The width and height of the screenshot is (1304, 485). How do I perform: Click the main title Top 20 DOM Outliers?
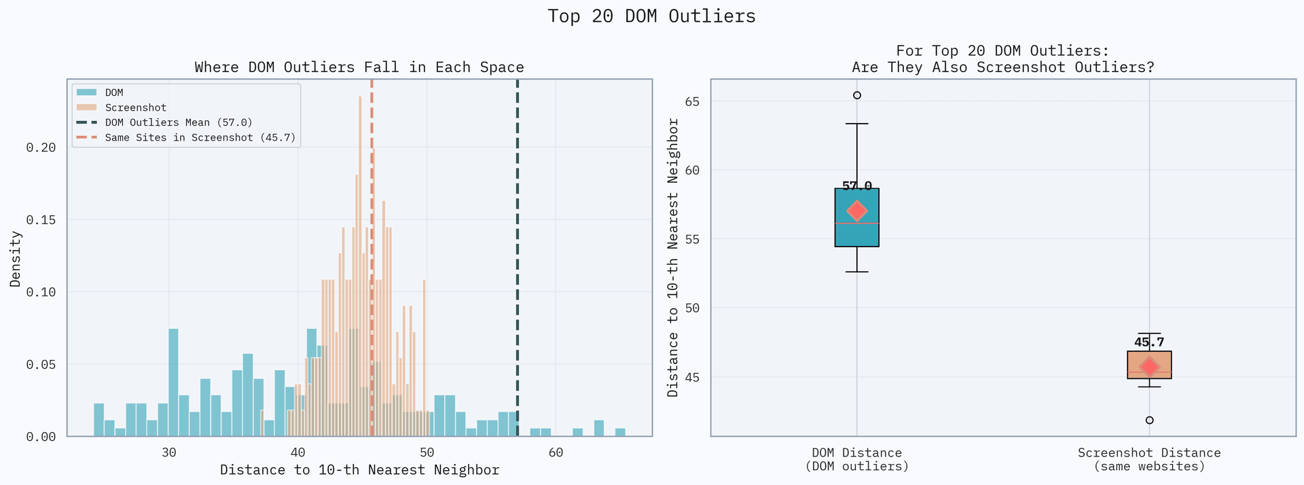coord(651,16)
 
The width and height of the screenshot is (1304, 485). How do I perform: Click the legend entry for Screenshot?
coord(135,107)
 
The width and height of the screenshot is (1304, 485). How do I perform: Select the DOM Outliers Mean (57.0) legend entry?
coord(178,122)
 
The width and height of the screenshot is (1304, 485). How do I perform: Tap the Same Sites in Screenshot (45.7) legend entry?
coord(200,137)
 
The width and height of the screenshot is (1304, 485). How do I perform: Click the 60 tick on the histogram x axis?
coord(556,453)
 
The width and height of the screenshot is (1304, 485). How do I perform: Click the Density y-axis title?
coord(16,258)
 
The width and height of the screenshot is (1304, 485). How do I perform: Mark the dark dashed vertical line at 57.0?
coord(518,272)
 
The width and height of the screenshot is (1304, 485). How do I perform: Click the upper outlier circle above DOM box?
coord(857,95)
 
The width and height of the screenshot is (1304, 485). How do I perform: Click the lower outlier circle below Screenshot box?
coord(1149,420)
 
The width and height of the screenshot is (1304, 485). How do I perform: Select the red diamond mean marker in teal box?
coord(857,211)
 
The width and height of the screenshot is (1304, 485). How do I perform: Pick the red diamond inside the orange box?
coord(1149,367)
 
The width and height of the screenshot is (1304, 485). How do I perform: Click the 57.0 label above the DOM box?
coord(857,185)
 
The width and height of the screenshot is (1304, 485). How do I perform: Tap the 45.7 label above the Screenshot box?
coord(1149,342)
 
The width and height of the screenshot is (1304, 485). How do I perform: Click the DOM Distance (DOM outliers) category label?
coord(857,459)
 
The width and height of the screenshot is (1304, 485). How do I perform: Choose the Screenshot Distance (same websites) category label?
coord(1149,459)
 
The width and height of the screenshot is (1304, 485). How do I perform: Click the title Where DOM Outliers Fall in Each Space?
coord(359,67)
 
